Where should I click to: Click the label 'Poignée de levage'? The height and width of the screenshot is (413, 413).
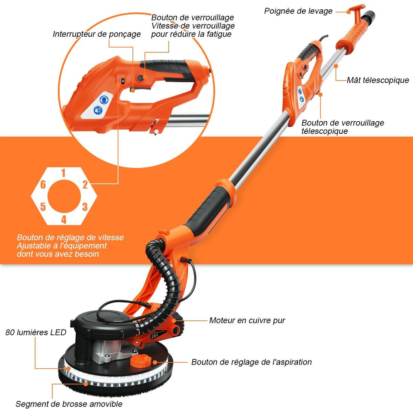coord(298,11)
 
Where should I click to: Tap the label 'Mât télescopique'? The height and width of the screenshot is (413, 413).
coord(378,80)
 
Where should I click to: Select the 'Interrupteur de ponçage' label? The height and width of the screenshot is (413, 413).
coord(97,34)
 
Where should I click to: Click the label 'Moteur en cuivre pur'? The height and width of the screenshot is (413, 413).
coord(247,321)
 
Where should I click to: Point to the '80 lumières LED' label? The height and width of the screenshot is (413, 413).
coord(36,332)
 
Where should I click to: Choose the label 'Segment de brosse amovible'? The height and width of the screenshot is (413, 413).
coord(69,404)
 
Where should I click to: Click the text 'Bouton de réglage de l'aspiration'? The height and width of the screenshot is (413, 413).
coord(252,362)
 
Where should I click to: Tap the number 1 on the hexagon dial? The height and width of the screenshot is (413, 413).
coord(63,173)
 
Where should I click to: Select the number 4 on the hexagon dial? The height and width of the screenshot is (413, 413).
coord(64,219)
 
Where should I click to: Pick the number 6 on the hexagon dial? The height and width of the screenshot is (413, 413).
coord(43,184)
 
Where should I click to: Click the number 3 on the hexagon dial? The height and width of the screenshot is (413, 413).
coord(85,207)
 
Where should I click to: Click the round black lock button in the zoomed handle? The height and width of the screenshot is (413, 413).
coord(141,78)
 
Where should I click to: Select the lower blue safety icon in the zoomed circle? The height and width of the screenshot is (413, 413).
coord(98,110)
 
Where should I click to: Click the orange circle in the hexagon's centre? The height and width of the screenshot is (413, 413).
coord(64,196)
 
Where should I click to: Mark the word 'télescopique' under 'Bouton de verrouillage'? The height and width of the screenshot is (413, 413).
coord(325,131)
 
